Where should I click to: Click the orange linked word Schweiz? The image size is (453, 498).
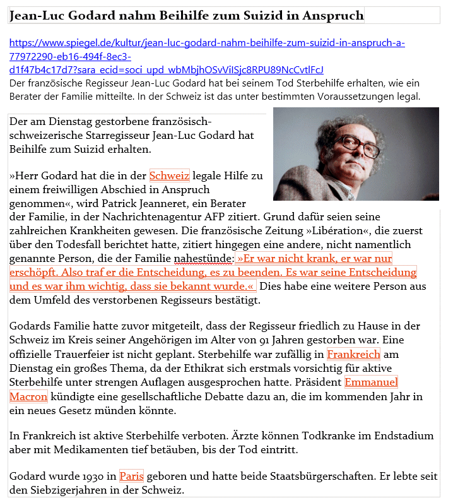[169, 175]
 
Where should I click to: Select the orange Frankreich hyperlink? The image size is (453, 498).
[353, 354]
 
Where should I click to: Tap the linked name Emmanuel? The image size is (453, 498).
[371, 382]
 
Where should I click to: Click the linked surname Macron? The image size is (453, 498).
[28, 396]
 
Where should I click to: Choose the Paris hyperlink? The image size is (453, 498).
[131, 476]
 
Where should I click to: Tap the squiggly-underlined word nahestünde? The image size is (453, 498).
[201, 258]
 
